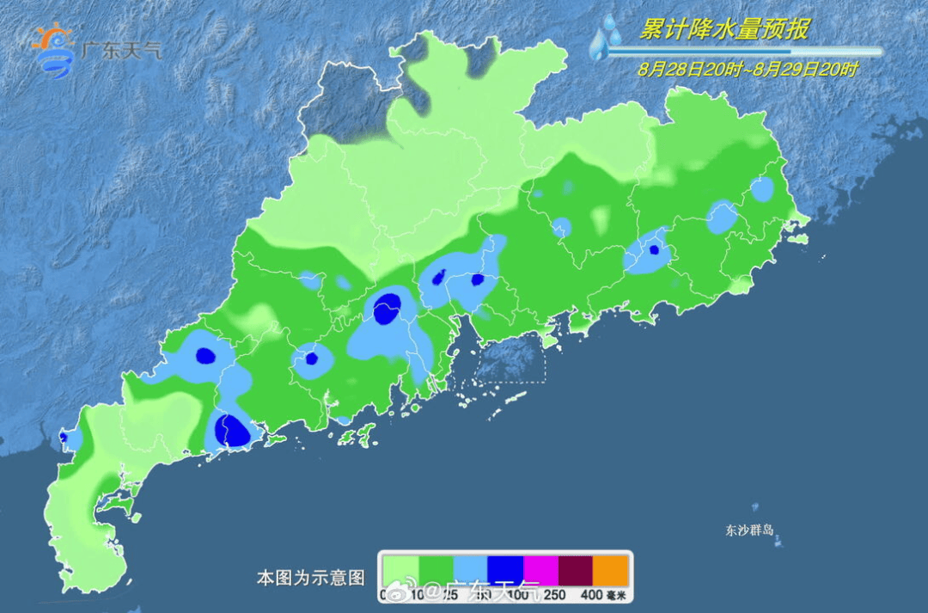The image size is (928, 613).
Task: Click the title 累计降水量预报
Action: click(724, 30)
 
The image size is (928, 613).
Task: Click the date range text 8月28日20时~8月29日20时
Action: click(748, 69)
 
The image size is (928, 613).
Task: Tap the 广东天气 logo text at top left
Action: click(121, 50)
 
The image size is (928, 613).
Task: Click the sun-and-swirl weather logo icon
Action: click(52, 50)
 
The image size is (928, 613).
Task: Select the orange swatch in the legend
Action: click(611, 570)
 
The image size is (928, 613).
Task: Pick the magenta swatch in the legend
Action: click(540, 570)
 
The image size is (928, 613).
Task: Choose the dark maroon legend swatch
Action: click(576, 570)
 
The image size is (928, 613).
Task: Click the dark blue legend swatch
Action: click(505, 570)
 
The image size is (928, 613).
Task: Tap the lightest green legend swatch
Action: click(400, 570)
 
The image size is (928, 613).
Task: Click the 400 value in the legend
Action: click(590, 594)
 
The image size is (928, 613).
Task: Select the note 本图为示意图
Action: click(311, 578)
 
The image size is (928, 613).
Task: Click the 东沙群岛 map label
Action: click(750, 530)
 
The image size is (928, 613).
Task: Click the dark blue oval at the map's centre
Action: click(388, 308)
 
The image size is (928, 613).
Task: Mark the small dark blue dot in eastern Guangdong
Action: click(654, 250)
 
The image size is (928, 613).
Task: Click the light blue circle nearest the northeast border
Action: click(762, 189)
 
